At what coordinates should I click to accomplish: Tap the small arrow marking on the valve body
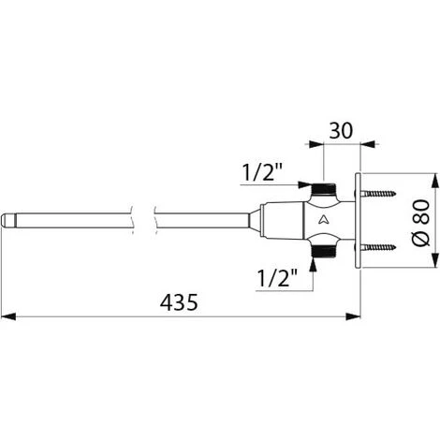(x=322, y=221)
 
